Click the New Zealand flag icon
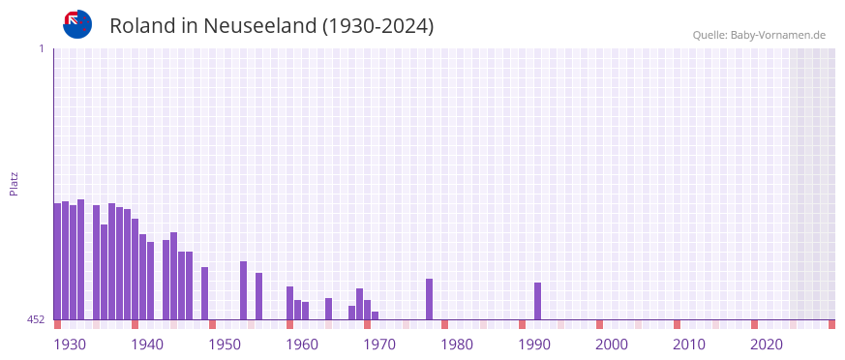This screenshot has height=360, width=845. point(77,24)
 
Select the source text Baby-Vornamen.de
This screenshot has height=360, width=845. point(777,35)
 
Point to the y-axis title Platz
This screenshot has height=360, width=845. point(14,183)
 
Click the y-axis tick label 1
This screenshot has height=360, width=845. point(41,48)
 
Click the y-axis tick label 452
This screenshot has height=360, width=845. point(36,319)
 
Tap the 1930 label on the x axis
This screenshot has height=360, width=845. point(70,345)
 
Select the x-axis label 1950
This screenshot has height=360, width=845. point(225,345)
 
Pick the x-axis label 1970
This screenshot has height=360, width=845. point(379,345)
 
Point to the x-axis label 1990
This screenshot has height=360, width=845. point(534,345)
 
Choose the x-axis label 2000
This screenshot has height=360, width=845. point(612,345)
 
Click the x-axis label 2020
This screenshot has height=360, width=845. point(767,345)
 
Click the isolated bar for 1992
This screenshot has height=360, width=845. point(537,301)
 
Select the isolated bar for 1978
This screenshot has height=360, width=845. point(429,299)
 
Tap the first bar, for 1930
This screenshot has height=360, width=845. point(57,261)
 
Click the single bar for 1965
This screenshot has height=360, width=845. point(328,309)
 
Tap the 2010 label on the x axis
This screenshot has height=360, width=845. point(689,345)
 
